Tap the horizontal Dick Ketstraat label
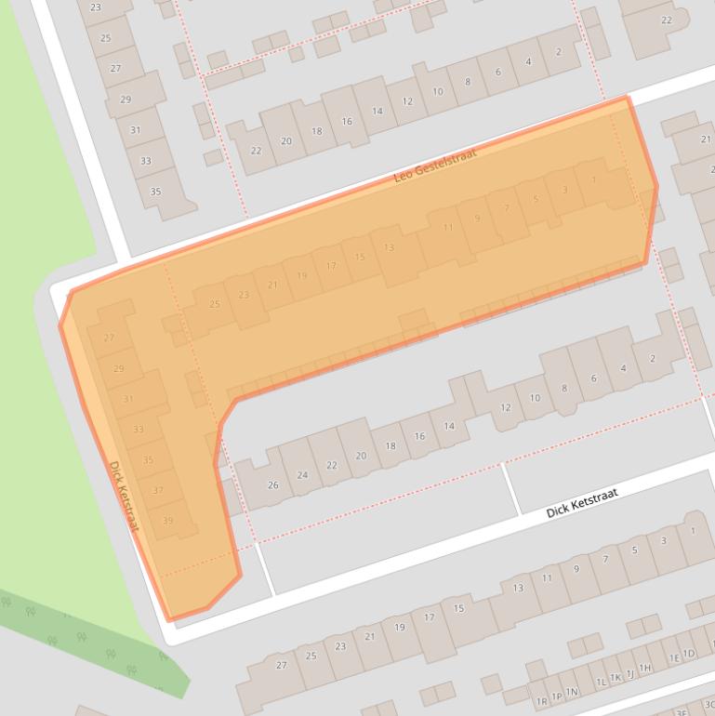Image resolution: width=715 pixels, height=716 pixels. click(581, 503)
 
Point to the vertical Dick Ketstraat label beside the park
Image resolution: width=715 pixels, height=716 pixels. click(123, 497)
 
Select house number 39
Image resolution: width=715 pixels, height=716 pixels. click(167, 521)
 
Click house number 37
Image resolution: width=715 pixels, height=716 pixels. click(157, 490)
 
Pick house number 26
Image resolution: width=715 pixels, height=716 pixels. click(272, 484)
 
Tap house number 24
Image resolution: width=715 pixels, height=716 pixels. click(302, 474)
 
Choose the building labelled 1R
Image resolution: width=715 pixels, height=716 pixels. click(542, 701)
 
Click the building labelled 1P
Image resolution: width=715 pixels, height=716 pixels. click(557, 696)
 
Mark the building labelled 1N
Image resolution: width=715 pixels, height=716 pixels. click(573, 691)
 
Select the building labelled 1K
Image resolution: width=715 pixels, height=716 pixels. click(615, 677)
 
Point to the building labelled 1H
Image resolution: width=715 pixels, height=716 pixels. click(644, 668)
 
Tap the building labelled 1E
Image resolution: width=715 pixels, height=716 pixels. click(674, 658)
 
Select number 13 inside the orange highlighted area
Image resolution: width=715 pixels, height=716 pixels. click(389, 247)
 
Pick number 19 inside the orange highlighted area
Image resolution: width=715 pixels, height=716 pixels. click(301, 275)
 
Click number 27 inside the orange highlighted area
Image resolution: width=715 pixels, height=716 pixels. click(109, 338)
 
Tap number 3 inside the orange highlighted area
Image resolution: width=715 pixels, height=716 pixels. click(564, 190)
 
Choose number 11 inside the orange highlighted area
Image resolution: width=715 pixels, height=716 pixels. click(448, 227)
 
